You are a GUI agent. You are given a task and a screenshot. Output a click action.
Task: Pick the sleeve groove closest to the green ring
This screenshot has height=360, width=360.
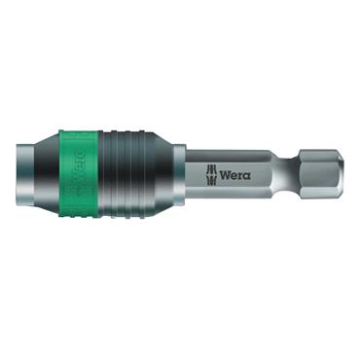[111, 180]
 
